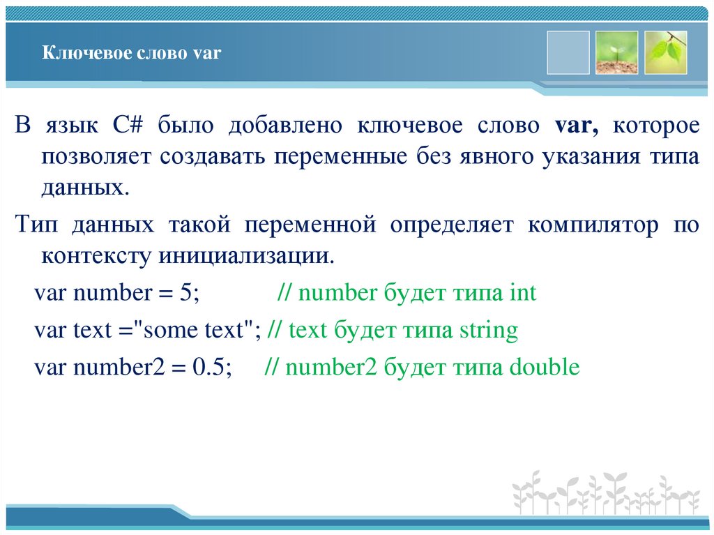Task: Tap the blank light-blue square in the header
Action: click(x=568, y=52)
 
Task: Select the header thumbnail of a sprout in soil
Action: click(x=616, y=52)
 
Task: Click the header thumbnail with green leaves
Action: click(x=665, y=52)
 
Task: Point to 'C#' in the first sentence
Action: click(x=126, y=126)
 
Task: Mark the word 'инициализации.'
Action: click(x=247, y=256)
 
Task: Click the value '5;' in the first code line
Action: click(x=189, y=292)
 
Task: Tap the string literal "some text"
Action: click(x=199, y=330)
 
